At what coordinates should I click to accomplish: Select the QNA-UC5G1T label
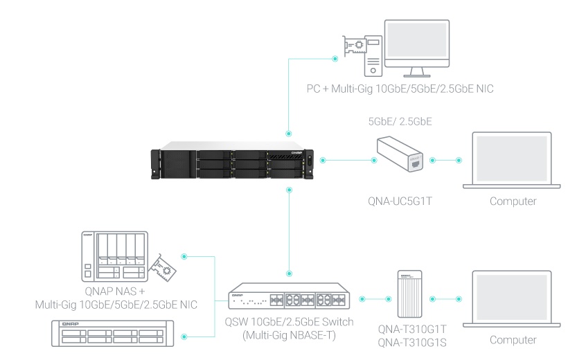pos(400,201)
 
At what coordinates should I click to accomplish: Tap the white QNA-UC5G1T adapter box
pos(400,154)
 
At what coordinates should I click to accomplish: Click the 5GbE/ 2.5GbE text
pos(400,121)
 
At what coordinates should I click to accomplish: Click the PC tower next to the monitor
pos(373,56)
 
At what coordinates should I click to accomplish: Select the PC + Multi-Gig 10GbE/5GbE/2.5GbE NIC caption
pos(400,89)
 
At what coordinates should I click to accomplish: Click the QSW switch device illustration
pos(290,296)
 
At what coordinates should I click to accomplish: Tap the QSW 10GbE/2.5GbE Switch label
pos(290,322)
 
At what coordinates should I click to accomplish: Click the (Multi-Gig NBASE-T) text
pos(290,335)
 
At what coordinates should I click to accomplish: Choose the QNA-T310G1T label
pos(412,329)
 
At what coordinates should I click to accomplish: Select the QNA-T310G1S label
pos(412,343)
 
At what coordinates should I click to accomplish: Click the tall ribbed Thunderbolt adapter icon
pos(409,294)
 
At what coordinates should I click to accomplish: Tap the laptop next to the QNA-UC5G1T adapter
pos(511,161)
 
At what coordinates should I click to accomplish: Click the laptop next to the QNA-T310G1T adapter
pos(511,299)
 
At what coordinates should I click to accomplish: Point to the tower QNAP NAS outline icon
pos(114,256)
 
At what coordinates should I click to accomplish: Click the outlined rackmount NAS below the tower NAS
pos(113,334)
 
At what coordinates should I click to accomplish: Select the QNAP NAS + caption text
pos(115,291)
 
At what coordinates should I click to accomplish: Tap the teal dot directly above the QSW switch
pos(290,273)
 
